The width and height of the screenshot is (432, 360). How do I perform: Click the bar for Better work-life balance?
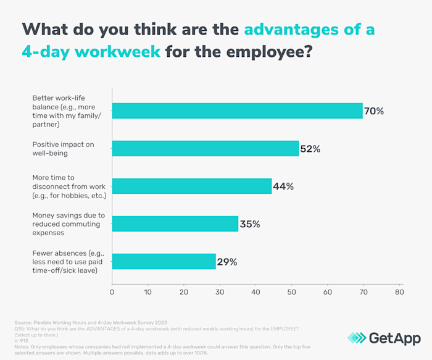click(237, 111)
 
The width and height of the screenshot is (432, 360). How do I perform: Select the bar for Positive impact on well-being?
click(205, 148)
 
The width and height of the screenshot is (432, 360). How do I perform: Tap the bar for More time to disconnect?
click(191, 186)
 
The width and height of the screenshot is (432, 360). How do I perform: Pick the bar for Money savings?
click(175, 224)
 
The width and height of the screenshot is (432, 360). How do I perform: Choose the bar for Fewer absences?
click(164, 261)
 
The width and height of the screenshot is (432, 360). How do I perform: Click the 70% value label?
click(375, 111)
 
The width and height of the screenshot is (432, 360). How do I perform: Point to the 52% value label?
click(310, 149)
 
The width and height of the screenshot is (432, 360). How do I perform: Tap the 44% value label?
click(283, 186)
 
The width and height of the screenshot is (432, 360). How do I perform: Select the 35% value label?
click(250, 224)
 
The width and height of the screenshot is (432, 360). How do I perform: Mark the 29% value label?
click(227, 262)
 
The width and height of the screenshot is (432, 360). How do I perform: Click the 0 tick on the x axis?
click(112, 291)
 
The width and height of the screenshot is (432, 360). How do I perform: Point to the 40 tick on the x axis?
click(255, 291)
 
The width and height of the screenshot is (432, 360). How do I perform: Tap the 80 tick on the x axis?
click(399, 291)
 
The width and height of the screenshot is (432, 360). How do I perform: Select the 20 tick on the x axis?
click(184, 291)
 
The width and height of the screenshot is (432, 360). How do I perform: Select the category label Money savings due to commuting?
click(69, 224)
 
